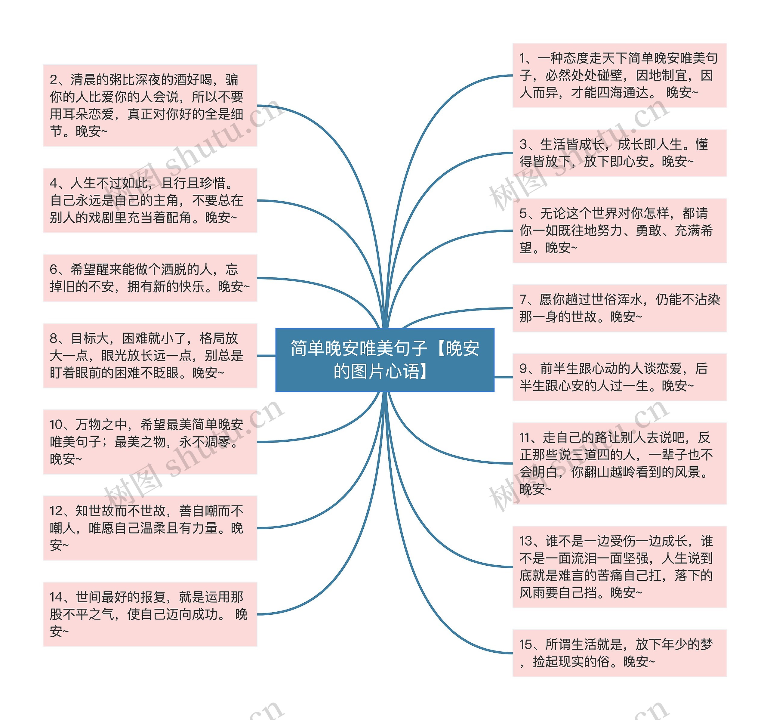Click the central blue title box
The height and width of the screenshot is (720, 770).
(385, 360)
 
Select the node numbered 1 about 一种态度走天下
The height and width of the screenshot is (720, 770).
(619, 75)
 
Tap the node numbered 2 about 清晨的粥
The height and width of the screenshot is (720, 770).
(150, 105)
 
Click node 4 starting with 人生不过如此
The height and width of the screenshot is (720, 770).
(150, 200)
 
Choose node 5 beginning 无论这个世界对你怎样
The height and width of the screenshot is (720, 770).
(619, 230)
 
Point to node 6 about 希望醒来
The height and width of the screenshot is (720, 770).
(150, 278)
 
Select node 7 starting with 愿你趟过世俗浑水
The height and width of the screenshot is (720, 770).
(619, 308)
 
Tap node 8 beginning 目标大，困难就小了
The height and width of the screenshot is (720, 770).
(150, 355)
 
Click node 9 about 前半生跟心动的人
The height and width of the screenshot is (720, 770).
(619, 377)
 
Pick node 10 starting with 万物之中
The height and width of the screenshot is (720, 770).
(150, 442)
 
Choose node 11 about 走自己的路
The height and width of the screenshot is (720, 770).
(619, 463)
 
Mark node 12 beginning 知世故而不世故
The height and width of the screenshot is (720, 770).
(150, 528)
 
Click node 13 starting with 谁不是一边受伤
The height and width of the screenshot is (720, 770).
(619, 567)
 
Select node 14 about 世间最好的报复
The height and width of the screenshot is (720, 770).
(150, 614)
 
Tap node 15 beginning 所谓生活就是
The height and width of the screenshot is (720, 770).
(619, 653)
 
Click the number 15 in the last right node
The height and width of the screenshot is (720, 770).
(525, 644)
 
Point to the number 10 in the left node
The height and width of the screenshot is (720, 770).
(56, 425)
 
